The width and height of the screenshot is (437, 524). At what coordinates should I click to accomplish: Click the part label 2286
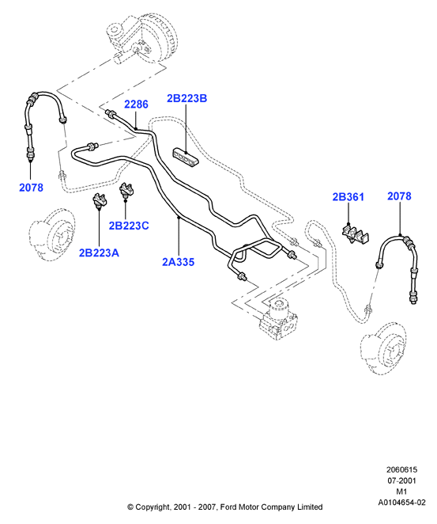click(136, 104)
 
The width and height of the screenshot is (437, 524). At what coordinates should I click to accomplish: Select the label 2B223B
click(186, 98)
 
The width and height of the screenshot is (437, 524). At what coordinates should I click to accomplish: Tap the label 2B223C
click(129, 226)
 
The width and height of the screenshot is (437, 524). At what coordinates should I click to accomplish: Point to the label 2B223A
click(99, 253)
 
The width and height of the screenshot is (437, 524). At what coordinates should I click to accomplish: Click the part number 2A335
click(178, 262)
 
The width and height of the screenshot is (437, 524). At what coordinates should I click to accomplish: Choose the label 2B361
click(348, 197)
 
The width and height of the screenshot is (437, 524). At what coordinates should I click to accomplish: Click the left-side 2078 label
click(31, 188)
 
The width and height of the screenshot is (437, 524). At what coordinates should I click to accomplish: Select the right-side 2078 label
click(399, 196)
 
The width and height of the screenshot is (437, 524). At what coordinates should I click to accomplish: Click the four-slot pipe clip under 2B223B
click(186, 157)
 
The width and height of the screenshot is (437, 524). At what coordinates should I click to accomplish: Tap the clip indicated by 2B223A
click(99, 201)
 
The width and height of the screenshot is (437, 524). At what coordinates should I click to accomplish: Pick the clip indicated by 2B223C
click(126, 191)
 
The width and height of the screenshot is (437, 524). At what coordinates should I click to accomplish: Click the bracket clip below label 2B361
click(356, 234)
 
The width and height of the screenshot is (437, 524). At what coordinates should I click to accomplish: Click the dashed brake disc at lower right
click(383, 347)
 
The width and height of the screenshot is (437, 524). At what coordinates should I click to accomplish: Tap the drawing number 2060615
click(401, 470)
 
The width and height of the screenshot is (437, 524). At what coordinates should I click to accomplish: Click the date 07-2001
click(401, 481)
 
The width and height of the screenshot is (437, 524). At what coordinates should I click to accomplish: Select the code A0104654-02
click(401, 503)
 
